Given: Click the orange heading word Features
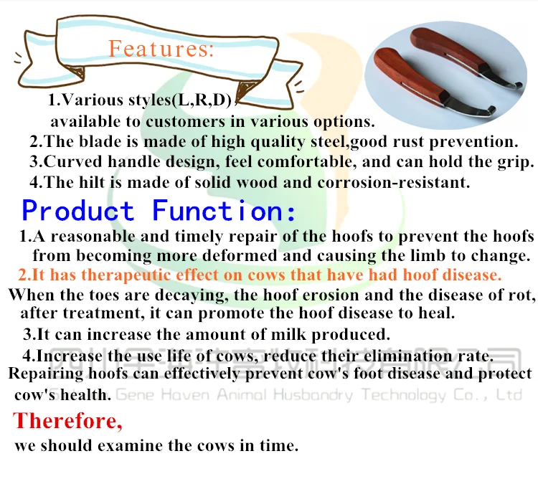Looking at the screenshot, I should (x=161, y=49).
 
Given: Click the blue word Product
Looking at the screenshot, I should (x=78, y=211).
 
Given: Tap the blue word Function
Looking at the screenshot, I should (x=224, y=211).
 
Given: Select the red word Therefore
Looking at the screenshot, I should (x=63, y=420).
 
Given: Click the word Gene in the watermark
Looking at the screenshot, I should (x=133, y=394).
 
